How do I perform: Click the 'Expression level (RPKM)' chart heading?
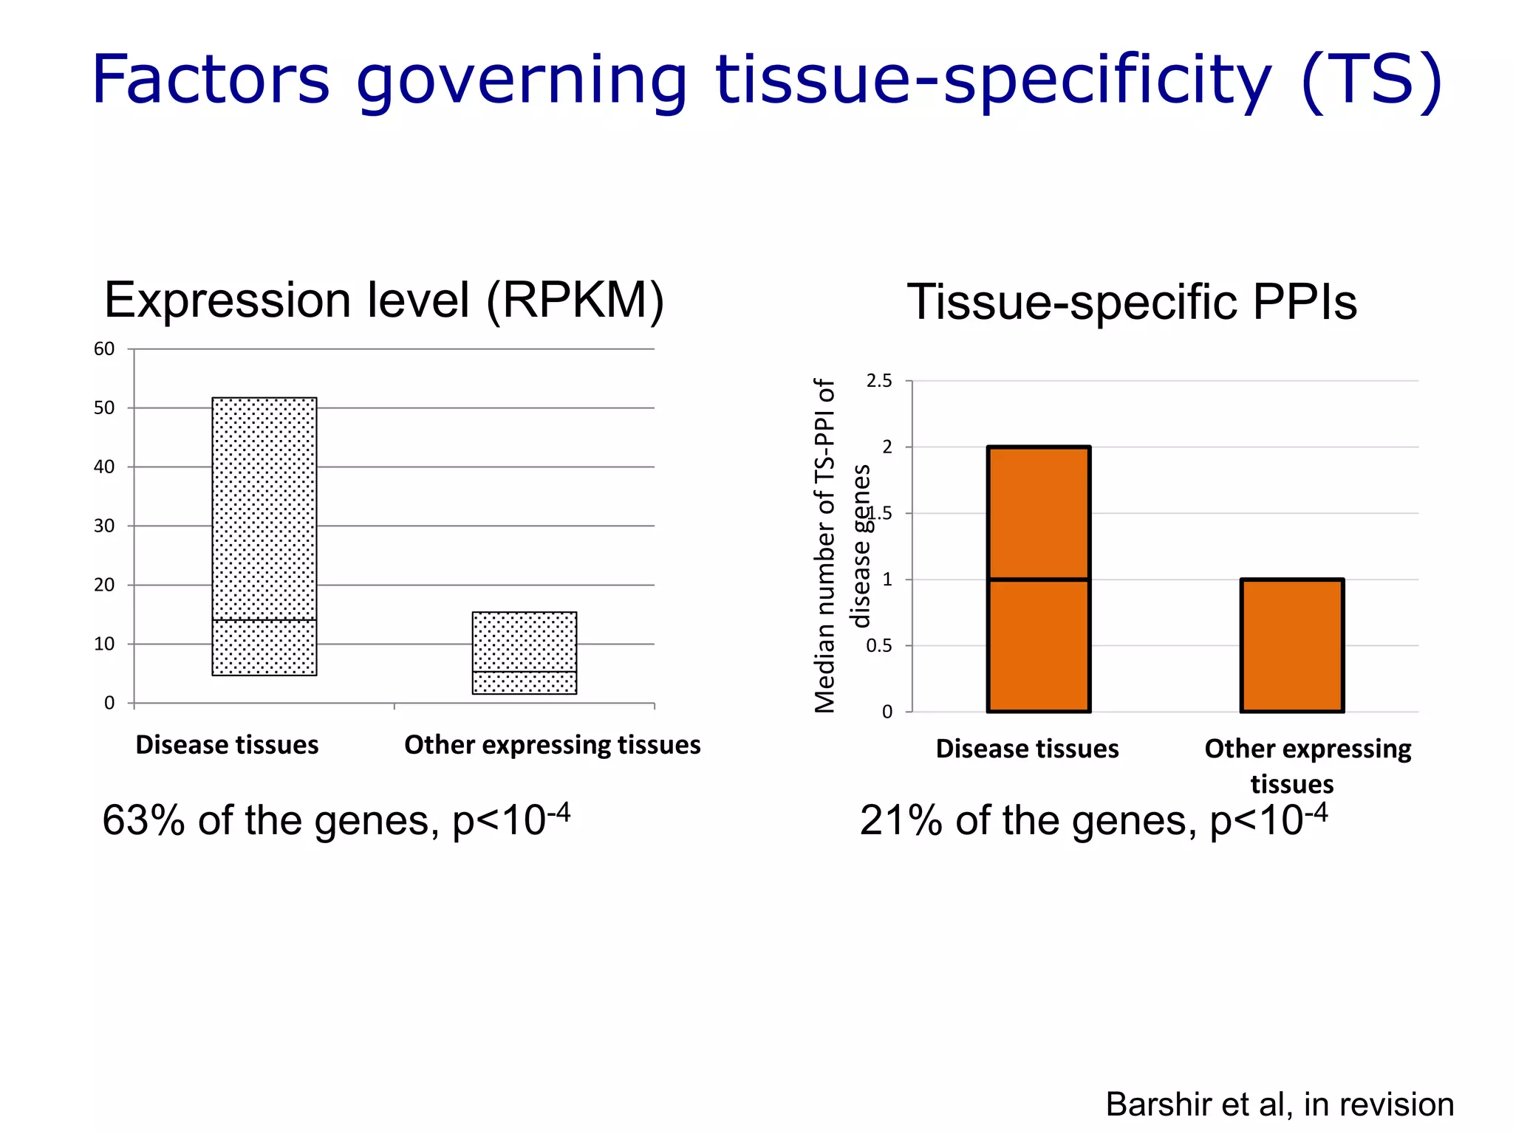[x=383, y=300]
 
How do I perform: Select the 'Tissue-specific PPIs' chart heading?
[x=1132, y=302]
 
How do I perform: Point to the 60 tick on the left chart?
[x=104, y=349]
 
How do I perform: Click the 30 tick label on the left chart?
[x=104, y=526]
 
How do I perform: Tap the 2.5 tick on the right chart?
[x=879, y=381]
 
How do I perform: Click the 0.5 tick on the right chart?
[x=879, y=646]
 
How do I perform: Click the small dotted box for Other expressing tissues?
[x=525, y=642]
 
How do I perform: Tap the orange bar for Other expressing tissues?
[x=1292, y=646]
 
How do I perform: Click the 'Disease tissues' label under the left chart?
[x=227, y=745]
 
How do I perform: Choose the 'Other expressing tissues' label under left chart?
[x=552, y=745]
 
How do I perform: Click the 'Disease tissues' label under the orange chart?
[x=1027, y=749]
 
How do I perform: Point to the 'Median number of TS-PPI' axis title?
[x=824, y=546]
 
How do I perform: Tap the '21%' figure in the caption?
[x=901, y=821]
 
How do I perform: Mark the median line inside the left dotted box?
[x=264, y=620]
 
